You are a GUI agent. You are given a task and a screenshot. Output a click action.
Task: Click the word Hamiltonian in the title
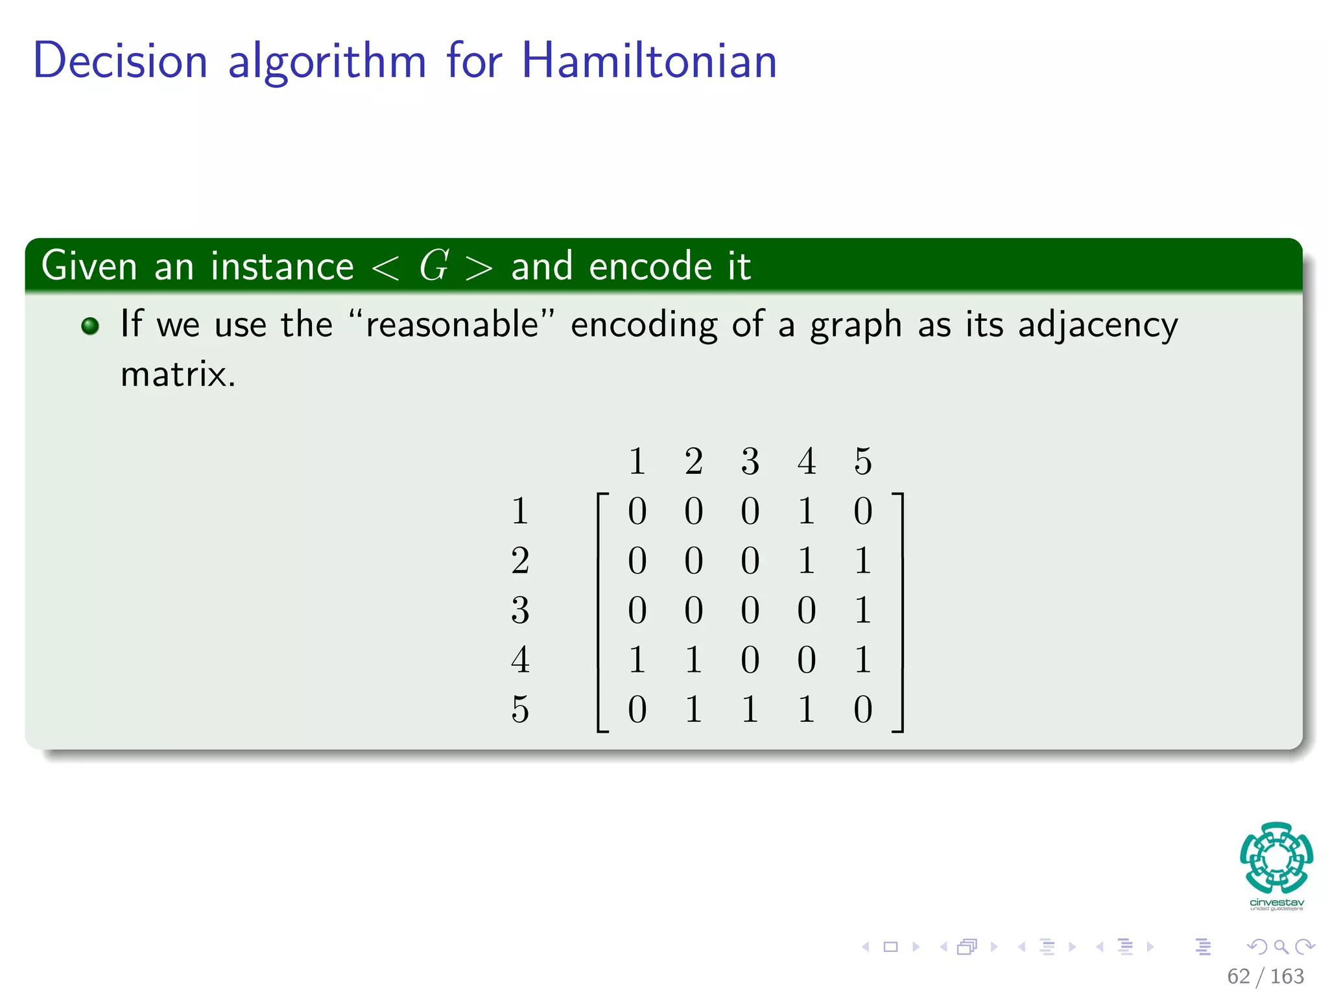click(648, 60)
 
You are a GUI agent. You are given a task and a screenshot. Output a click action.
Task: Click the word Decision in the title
click(121, 60)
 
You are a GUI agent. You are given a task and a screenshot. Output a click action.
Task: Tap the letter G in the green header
click(433, 265)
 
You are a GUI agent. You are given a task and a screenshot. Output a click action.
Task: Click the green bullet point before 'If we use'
click(90, 326)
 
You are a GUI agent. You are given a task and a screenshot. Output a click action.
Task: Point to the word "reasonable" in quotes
click(451, 324)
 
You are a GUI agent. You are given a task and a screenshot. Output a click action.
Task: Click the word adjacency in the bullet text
click(1097, 324)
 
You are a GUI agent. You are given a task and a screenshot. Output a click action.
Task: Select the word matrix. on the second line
click(178, 374)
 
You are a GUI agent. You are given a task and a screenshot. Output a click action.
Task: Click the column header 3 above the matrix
click(750, 461)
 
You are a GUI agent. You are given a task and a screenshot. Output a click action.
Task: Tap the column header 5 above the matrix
click(862, 461)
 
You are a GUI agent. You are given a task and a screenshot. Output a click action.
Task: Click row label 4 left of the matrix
click(520, 659)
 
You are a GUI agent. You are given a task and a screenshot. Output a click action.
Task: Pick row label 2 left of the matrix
click(520, 560)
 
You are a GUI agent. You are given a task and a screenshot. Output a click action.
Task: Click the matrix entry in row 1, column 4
click(806, 511)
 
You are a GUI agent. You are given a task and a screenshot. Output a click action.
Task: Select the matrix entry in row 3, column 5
click(862, 610)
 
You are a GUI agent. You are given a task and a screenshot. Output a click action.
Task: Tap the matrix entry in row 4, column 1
click(637, 659)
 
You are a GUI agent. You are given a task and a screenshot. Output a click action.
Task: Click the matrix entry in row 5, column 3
click(750, 709)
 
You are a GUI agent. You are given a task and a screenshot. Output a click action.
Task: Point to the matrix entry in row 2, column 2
click(693, 560)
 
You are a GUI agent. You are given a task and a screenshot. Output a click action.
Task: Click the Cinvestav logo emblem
click(1276, 857)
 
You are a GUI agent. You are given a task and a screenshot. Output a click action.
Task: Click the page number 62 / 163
click(1265, 976)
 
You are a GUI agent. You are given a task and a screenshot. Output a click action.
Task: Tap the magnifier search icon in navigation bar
click(1281, 947)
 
